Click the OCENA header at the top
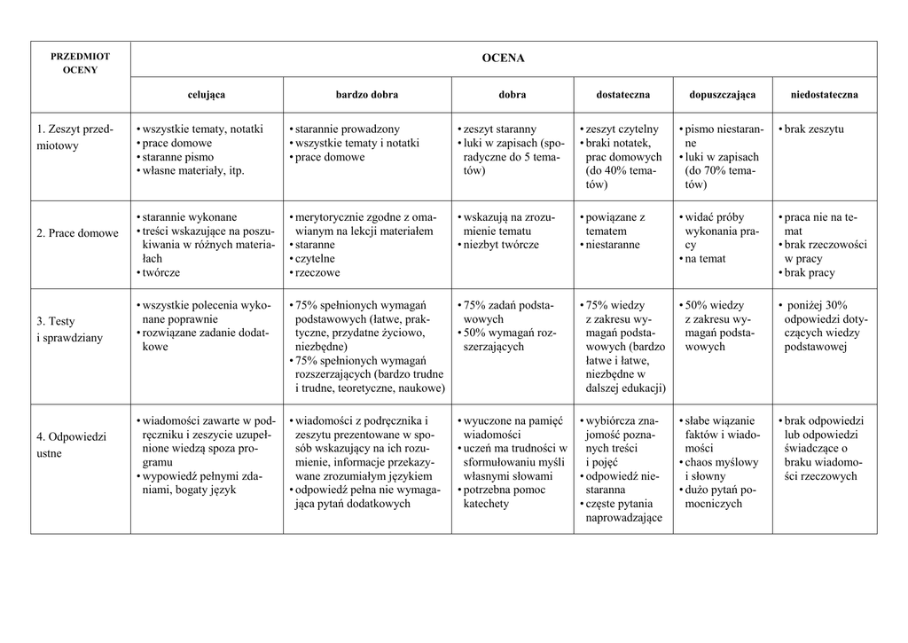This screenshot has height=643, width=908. (x=503, y=59)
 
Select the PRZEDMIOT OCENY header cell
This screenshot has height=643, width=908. (x=80, y=62)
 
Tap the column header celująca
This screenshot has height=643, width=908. (x=206, y=94)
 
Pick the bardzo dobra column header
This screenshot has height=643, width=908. (x=366, y=94)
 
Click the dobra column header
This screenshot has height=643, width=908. (x=512, y=94)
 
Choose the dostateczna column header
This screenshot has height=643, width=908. (x=622, y=94)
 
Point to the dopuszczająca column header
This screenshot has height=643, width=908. (x=722, y=94)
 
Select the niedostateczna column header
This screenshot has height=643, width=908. (x=825, y=94)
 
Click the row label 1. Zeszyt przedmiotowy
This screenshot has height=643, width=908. (x=74, y=137)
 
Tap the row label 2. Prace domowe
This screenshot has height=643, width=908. (x=77, y=233)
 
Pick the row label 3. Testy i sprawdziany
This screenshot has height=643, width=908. (x=69, y=329)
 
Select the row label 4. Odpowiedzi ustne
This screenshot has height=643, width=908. (x=71, y=445)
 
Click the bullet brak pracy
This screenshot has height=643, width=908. (x=810, y=273)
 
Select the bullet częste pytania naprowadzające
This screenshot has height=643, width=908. (x=623, y=511)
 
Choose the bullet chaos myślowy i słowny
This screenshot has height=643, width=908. (x=721, y=469)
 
